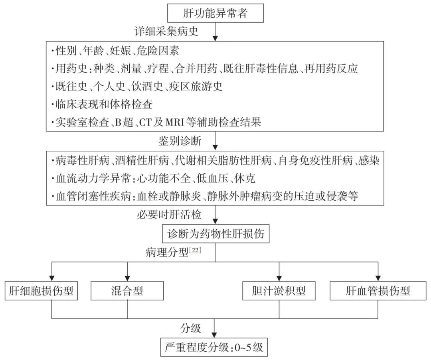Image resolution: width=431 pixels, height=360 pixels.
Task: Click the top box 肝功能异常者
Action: (x=215, y=14)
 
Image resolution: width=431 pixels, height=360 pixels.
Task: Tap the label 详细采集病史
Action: (x=167, y=32)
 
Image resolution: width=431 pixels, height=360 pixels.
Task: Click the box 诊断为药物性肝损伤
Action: (x=215, y=234)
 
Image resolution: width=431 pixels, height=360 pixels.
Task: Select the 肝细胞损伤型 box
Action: (x=41, y=291)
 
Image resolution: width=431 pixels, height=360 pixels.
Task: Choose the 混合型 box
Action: (x=127, y=291)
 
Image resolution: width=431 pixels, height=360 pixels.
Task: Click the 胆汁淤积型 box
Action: (x=279, y=291)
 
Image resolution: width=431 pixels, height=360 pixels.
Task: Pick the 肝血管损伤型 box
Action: (x=378, y=291)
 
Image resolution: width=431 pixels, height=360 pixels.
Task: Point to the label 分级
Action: (x=191, y=329)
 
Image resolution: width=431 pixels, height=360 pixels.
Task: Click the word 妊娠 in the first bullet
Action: (x=115, y=51)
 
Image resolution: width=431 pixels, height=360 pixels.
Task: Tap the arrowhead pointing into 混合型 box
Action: (x=127, y=277)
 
